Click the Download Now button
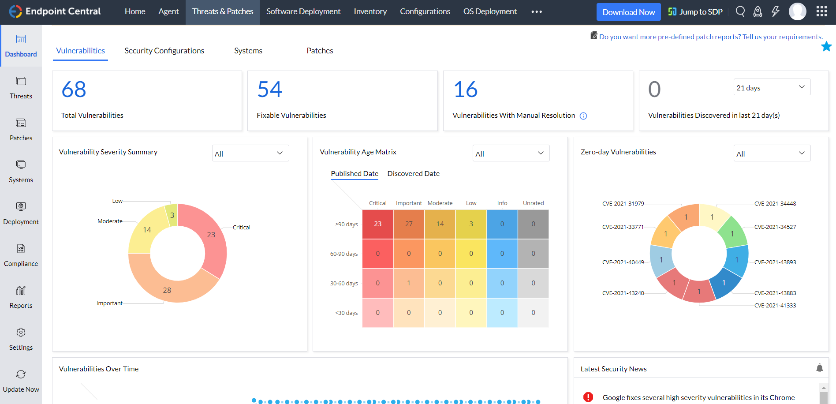pyautogui.click(x=628, y=12)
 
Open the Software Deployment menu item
pyautogui.click(x=303, y=11)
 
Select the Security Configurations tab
pyautogui.click(x=164, y=51)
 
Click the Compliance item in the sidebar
pyautogui.click(x=21, y=255)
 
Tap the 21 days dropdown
pyautogui.click(x=772, y=87)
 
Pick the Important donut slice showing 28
pyautogui.click(x=167, y=290)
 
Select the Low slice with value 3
pyautogui.click(x=172, y=215)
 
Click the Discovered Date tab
pyautogui.click(x=413, y=173)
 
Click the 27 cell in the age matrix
pyautogui.click(x=409, y=224)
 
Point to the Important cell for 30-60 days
pyautogui.click(x=409, y=283)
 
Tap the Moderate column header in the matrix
pyautogui.click(x=440, y=203)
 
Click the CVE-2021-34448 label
pyautogui.click(x=775, y=204)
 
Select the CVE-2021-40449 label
pyautogui.click(x=623, y=262)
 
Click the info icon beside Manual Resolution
pyautogui.click(x=583, y=116)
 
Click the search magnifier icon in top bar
pyautogui.click(x=740, y=11)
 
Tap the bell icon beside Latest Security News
pyautogui.click(x=819, y=368)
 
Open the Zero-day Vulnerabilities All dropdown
pyautogui.click(x=772, y=153)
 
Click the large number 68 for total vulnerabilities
pyautogui.click(x=74, y=90)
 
